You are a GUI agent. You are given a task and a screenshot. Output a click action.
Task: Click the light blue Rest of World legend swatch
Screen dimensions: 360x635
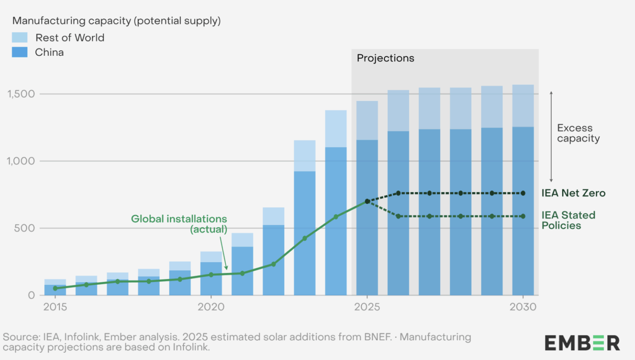coord(20,37)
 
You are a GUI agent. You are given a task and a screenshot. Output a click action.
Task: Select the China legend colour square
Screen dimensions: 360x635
coord(20,52)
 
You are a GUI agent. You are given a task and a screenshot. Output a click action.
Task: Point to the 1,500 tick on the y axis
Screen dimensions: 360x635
coord(21,94)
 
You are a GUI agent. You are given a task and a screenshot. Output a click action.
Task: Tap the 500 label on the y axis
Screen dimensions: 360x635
coord(24,228)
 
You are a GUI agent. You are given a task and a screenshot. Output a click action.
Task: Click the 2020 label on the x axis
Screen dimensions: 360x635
coord(211,307)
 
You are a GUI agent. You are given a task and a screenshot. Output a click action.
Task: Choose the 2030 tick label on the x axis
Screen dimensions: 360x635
coord(523,307)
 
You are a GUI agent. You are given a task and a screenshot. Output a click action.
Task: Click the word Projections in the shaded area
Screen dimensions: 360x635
coord(385,58)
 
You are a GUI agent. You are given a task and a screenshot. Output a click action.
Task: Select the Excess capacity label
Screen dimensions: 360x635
coord(578,133)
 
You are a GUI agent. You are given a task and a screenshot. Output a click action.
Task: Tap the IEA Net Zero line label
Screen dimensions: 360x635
coord(573,193)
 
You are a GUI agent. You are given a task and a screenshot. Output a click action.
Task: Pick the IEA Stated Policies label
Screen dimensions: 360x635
coord(568,220)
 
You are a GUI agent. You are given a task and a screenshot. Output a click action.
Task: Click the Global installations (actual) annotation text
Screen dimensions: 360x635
coord(179,224)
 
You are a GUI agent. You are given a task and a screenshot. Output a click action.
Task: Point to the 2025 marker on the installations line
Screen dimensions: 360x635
coord(367,201)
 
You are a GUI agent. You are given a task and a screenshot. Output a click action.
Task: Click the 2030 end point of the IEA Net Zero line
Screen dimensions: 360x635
coord(523,193)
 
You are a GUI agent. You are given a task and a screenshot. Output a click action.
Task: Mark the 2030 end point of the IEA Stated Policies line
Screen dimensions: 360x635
coord(523,216)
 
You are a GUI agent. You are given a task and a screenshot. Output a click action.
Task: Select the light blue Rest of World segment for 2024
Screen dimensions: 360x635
coord(336,129)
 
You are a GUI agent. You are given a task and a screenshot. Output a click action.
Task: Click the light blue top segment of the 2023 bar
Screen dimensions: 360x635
coord(305,156)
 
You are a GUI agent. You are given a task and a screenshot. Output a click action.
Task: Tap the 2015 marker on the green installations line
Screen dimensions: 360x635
coord(55,288)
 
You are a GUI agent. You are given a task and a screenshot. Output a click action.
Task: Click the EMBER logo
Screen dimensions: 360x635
coord(582,343)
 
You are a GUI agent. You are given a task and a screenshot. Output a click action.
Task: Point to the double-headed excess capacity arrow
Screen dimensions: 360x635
coord(551,136)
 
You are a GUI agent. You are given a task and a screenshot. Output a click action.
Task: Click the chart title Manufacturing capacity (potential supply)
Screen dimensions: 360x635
coord(116,21)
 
